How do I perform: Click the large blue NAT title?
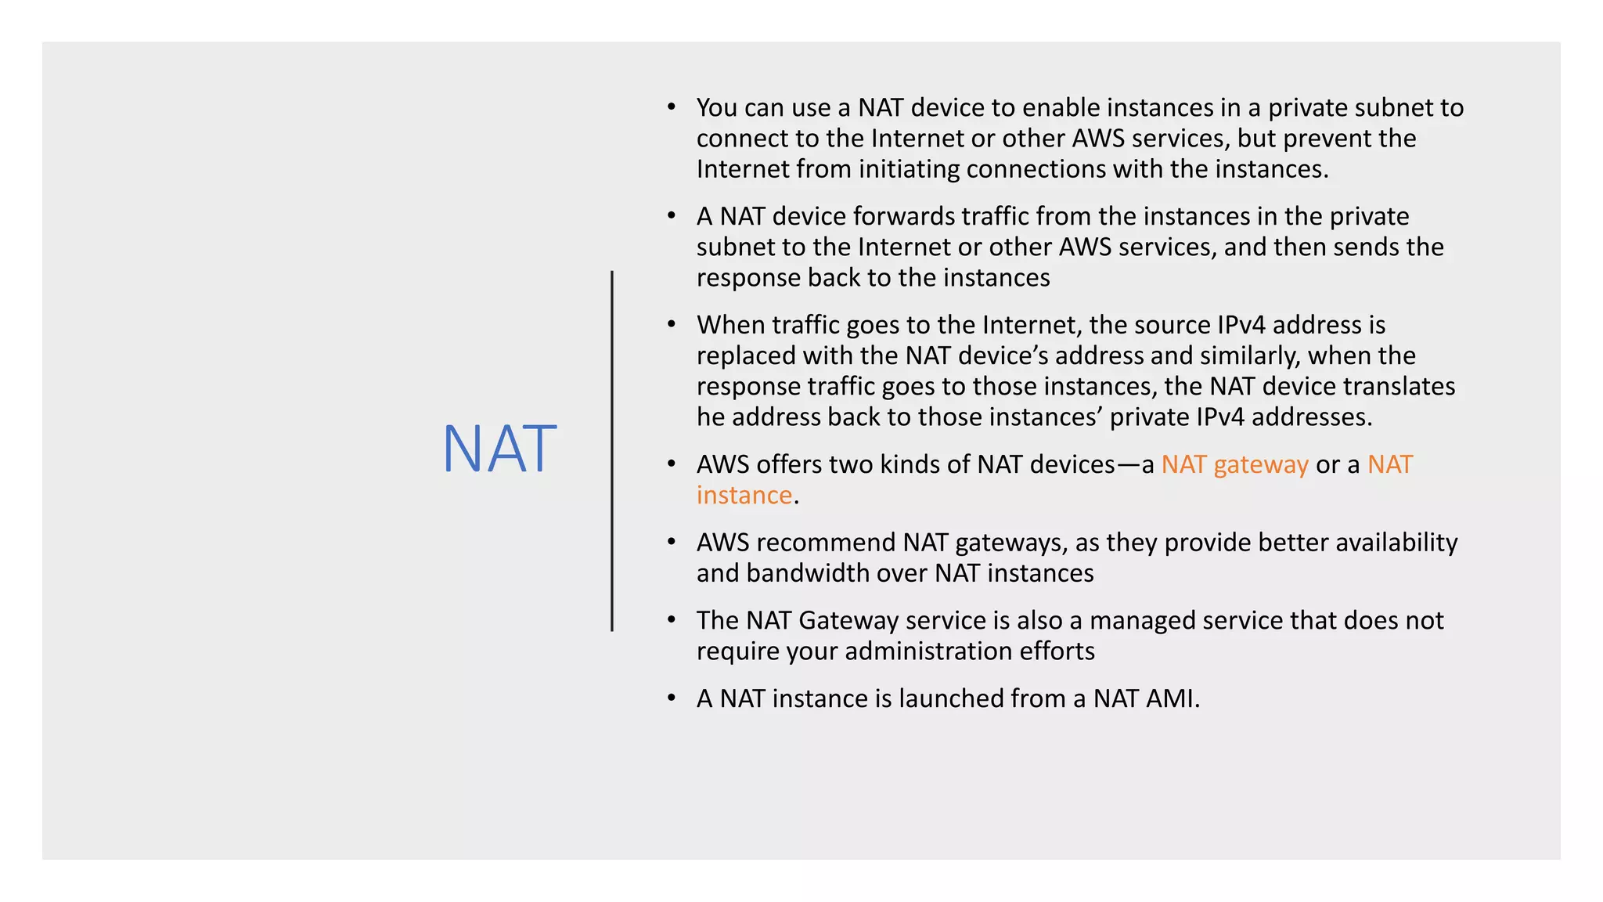point(499,449)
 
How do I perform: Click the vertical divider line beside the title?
point(612,450)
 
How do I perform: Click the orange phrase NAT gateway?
point(1234,464)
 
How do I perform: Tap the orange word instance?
point(744,495)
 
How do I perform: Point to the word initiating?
point(909,168)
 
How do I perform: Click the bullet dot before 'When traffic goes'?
point(672,323)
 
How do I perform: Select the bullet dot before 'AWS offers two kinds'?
point(672,464)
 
